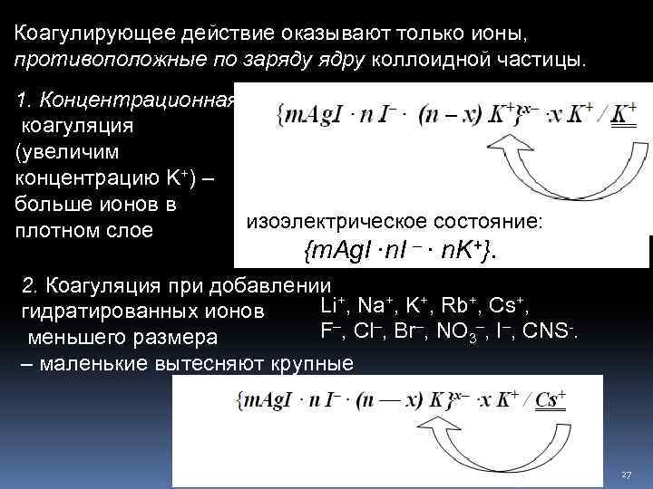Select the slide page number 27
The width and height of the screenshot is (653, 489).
(626, 475)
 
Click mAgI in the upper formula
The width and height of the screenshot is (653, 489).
(312, 115)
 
